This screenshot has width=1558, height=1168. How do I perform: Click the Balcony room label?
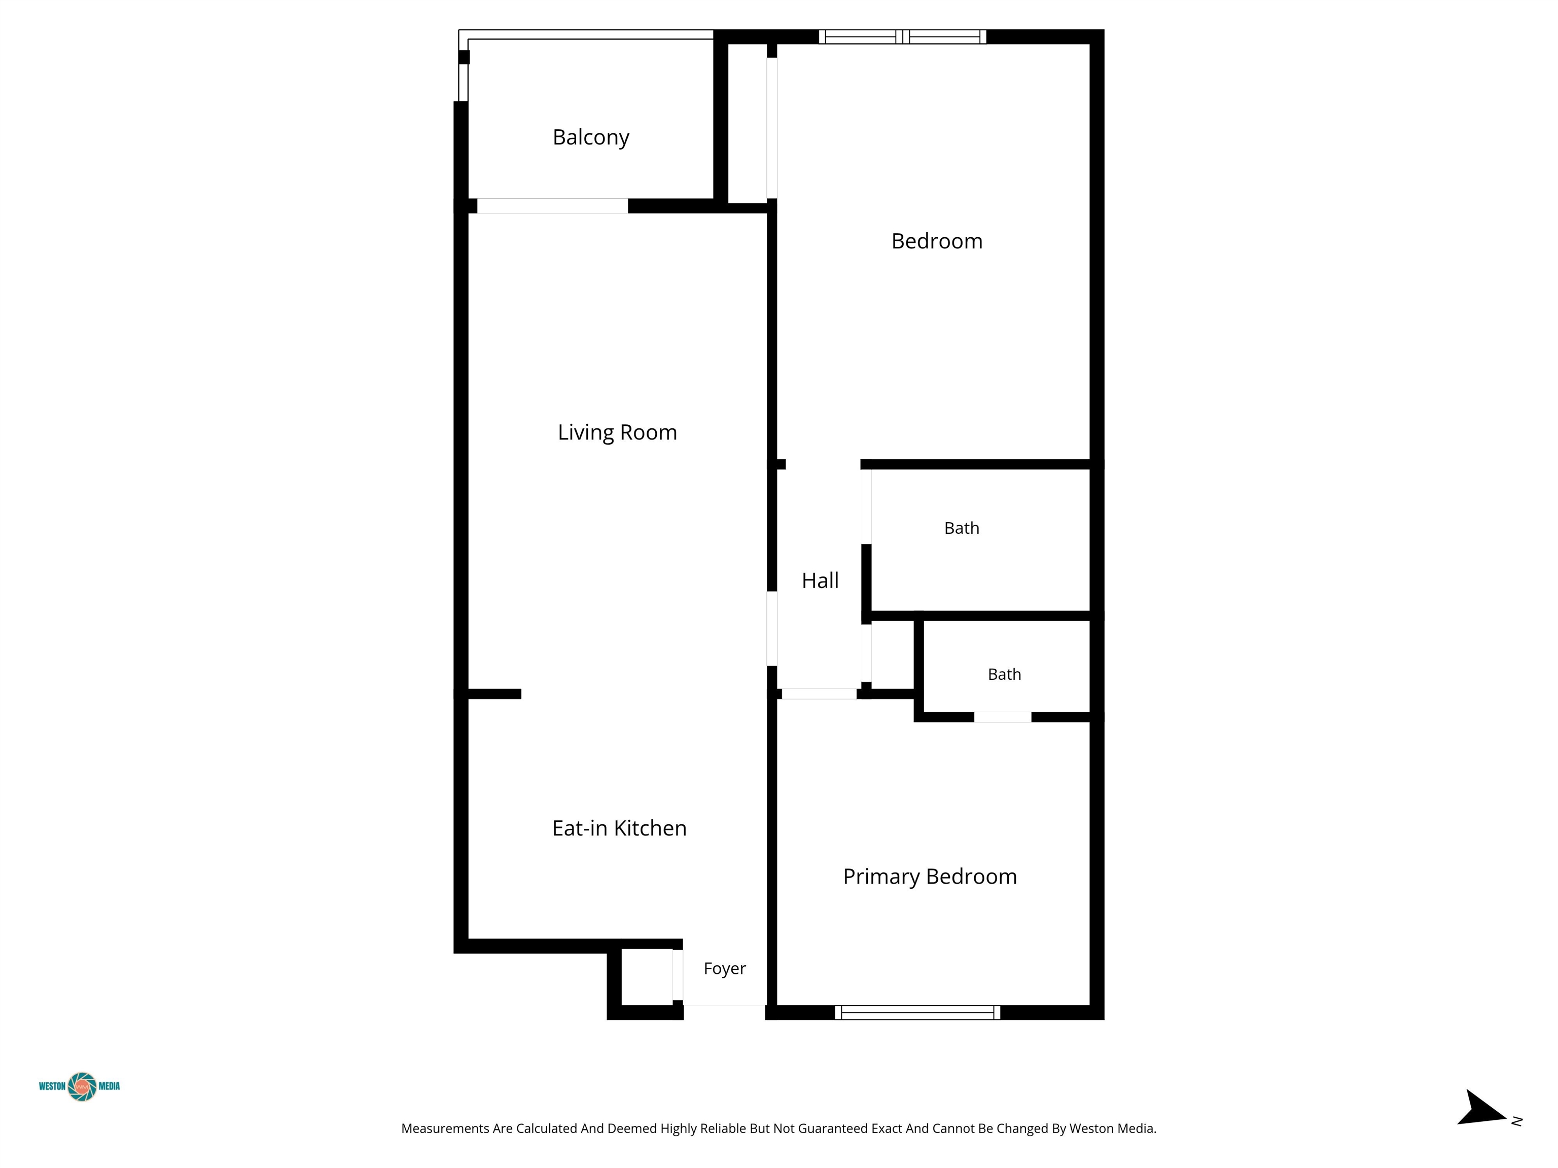point(590,137)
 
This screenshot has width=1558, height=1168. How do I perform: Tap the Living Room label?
point(617,432)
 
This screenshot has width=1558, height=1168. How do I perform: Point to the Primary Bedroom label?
point(930,877)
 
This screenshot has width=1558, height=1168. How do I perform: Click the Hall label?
point(820,581)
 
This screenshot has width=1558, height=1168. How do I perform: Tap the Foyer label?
point(724,969)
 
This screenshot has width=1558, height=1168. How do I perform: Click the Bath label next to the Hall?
point(962,528)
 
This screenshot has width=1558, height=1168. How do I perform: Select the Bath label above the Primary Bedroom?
point(1004,674)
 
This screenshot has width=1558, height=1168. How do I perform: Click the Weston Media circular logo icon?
point(82,1086)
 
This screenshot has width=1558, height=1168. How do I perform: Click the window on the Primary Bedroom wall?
point(917,1012)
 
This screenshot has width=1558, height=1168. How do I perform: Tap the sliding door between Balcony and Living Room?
point(552,206)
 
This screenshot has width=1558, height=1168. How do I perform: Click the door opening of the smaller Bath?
point(1002,717)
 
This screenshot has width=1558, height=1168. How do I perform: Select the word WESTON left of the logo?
point(52,1086)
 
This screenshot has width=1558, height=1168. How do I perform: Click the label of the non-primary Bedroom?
point(937,241)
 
